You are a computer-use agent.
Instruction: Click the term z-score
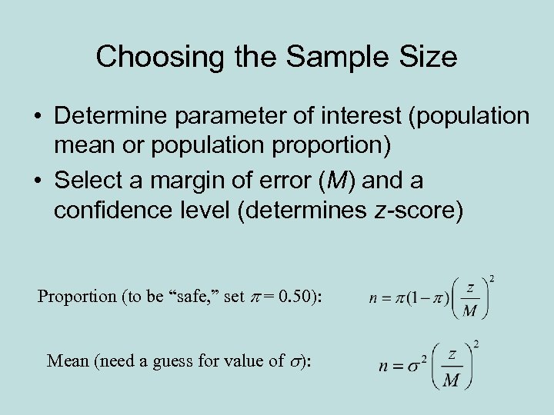pyautogui.click(x=422, y=211)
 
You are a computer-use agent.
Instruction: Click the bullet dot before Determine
pyautogui.click(x=37, y=117)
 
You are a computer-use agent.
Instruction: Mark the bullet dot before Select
pyautogui.click(x=37, y=182)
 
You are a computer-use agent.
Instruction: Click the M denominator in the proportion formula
pyautogui.click(x=469, y=310)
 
